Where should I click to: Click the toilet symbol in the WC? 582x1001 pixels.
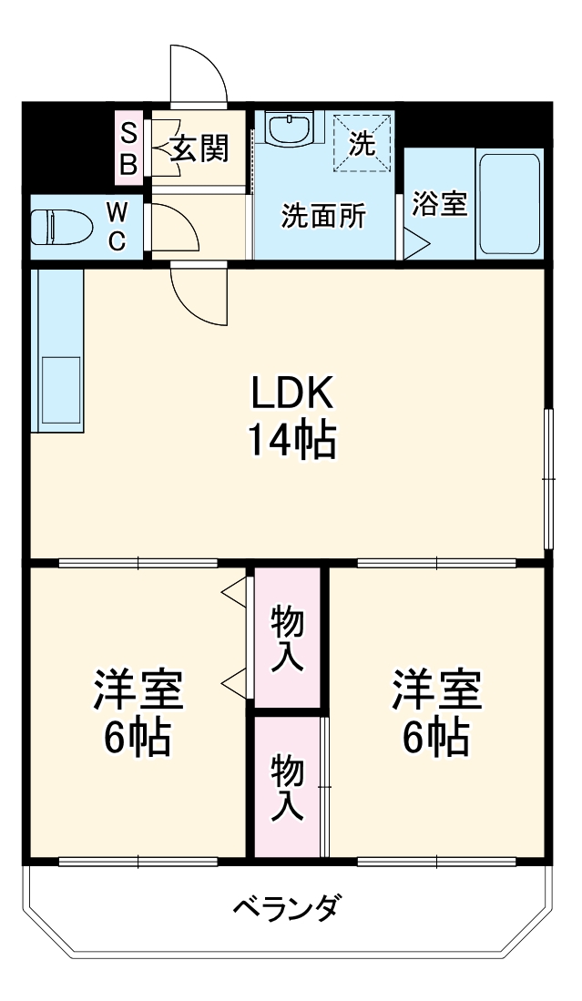point(56,227)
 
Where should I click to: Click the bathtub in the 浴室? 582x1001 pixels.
point(509,204)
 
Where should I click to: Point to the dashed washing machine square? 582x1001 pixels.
point(362,142)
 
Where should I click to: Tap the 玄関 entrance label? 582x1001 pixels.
point(199,147)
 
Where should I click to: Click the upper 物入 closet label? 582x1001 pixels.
point(288,638)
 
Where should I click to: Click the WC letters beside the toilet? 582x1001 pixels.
point(117,227)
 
